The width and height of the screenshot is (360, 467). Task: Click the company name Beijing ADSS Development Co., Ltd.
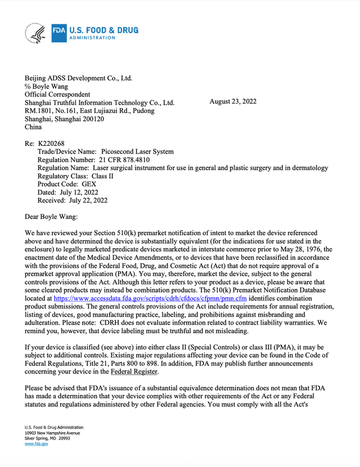pos(79,78)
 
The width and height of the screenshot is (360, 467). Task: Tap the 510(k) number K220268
pos(52,143)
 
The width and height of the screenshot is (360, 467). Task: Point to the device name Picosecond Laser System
pos(137,152)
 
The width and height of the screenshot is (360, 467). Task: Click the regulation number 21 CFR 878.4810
pos(122,160)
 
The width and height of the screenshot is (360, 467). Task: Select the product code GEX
pos(89,184)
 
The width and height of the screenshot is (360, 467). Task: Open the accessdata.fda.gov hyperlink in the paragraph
pos(150,298)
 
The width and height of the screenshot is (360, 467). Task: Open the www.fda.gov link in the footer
pos(36,444)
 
